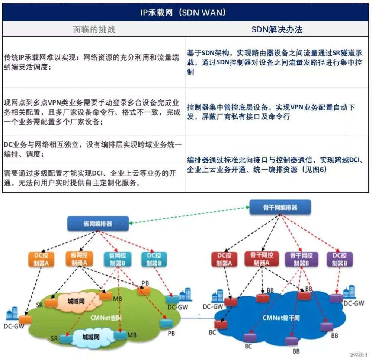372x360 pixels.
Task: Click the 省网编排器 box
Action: coord(98,224)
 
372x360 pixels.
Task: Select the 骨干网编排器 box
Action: coord(280,207)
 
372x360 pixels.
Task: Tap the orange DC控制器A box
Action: coord(41,259)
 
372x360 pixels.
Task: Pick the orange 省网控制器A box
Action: coord(79,259)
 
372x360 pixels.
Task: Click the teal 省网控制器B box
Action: coord(118,260)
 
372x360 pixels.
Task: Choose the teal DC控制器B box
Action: coord(154,259)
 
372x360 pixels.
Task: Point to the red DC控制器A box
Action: coord(224,259)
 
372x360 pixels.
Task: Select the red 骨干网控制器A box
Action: coord(262,259)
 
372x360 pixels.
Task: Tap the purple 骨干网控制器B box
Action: coord(301,259)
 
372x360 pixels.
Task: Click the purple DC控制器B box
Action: coord(340,259)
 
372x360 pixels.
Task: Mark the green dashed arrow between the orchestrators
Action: coord(189,215)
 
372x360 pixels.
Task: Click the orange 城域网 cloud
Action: coord(76,301)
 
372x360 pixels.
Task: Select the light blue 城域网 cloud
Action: coord(91,337)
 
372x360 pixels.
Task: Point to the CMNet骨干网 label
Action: coord(281,318)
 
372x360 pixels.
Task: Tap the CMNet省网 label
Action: coord(106,318)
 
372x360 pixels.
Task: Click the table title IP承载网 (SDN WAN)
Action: coord(183,12)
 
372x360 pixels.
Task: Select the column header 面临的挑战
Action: coord(94,29)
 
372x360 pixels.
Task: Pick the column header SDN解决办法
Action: coord(277,29)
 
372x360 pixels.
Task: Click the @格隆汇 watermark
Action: coord(359,354)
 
